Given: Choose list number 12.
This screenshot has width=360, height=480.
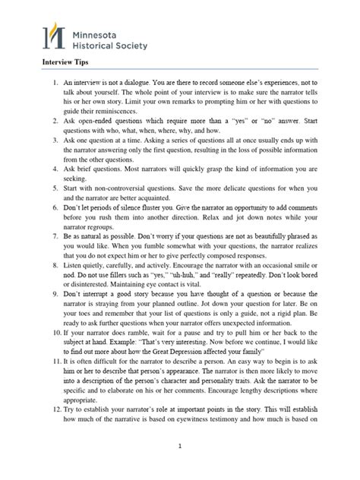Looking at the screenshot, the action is click(56, 407).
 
